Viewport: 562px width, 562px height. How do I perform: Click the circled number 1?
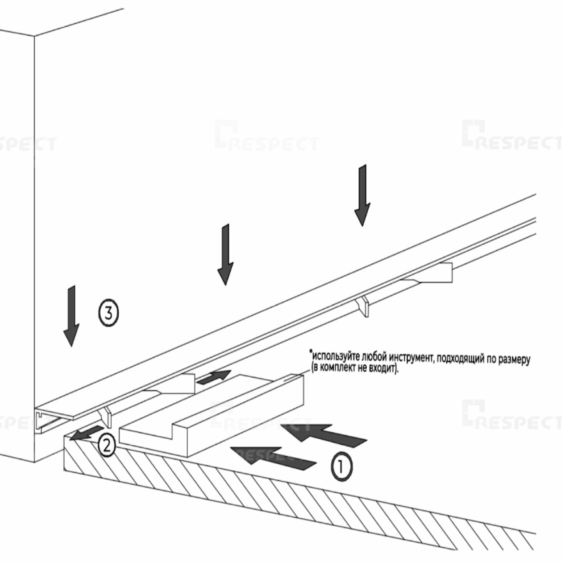point(341,466)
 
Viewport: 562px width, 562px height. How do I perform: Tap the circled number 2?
point(107,445)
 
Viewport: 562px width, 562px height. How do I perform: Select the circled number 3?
point(108,313)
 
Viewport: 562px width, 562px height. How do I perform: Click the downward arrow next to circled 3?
point(71,316)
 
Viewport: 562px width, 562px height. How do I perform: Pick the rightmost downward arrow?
point(362,195)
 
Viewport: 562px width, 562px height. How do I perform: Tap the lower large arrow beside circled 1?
point(273,457)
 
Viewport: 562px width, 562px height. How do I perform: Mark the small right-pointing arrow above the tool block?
point(213,376)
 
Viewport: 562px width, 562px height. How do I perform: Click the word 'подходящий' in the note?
point(461,359)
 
